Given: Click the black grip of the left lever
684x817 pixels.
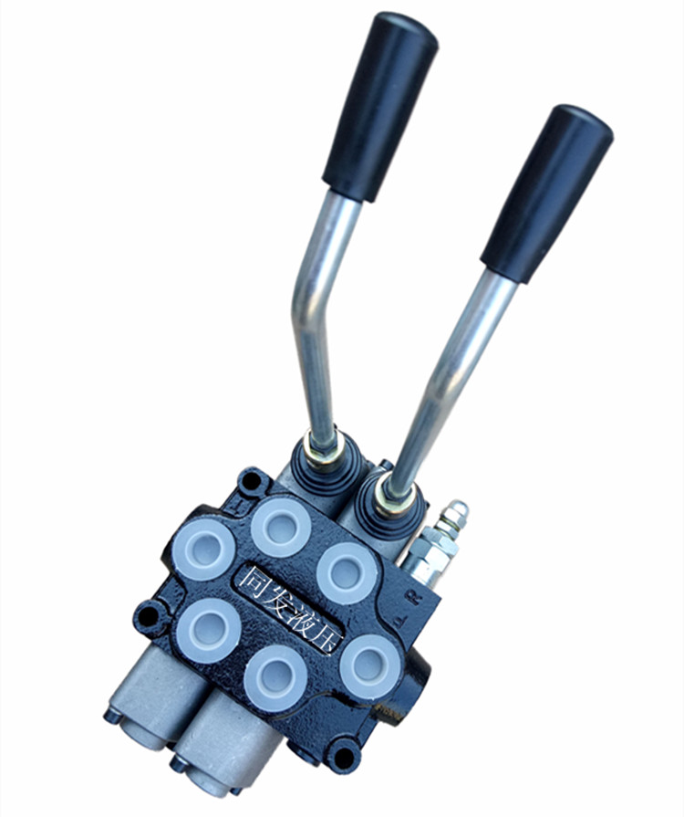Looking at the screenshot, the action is [x=380, y=106].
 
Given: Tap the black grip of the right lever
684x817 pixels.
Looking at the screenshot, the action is [x=546, y=193].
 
